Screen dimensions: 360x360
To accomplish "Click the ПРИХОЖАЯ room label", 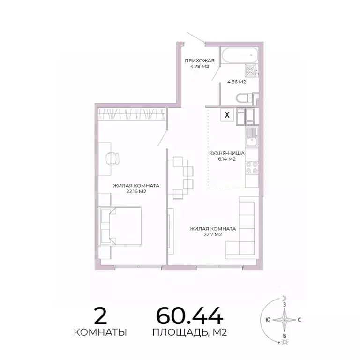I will [199, 60].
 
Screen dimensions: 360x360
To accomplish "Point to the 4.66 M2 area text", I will [237, 82].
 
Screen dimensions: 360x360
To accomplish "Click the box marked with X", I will [228, 114].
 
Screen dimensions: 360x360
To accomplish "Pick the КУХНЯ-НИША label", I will [226, 153].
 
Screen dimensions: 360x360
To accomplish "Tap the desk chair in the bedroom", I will [112, 158].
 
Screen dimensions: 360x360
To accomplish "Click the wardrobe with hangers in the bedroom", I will [132, 113].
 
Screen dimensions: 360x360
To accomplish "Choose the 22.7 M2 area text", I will [212, 235].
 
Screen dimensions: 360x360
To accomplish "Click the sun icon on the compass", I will [284, 343].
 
